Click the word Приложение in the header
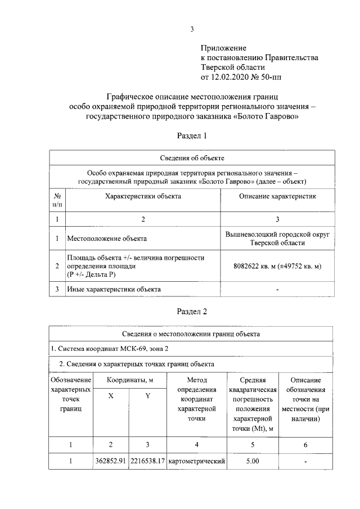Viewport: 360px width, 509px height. [x=224, y=49]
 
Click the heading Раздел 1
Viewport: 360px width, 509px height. [x=192, y=136]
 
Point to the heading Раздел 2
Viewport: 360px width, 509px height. [x=192, y=311]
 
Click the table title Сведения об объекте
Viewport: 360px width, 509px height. [x=192, y=158]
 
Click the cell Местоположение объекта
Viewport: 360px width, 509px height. [x=107, y=238]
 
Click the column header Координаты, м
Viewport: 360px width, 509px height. [x=130, y=381]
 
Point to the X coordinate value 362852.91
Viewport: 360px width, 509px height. [x=111, y=462]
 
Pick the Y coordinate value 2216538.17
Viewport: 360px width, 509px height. [x=147, y=462]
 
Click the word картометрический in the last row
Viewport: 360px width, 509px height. [x=196, y=462]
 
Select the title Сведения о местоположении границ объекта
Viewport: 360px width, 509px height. [x=192, y=334]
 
